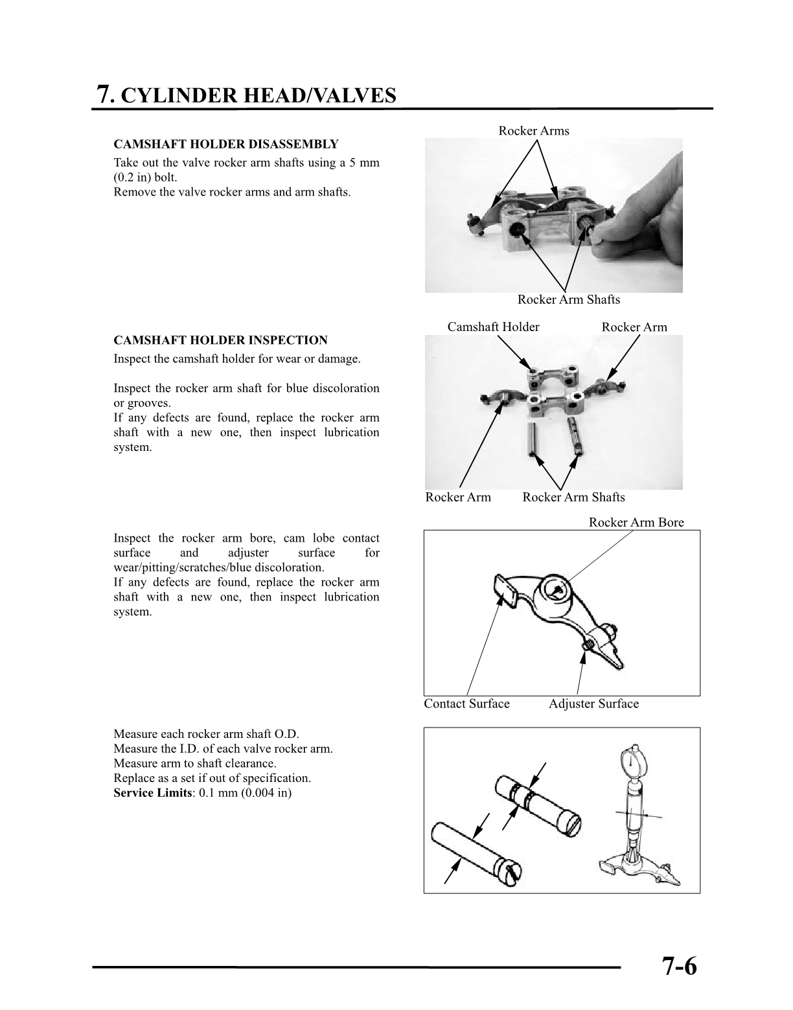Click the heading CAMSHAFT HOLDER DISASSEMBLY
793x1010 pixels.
pyautogui.click(x=225, y=144)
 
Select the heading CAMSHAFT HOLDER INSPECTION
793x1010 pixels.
pyautogui.click(x=220, y=340)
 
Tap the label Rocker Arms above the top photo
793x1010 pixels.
pyautogui.click(x=533, y=131)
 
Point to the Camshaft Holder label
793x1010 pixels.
pyautogui.click(x=493, y=327)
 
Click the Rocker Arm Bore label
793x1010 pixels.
pyautogui.click(x=636, y=522)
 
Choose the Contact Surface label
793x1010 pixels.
pyautogui.click(x=466, y=704)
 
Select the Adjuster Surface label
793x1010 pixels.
pyautogui.click(x=593, y=704)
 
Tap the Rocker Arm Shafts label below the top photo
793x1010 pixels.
pyautogui.click(x=568, y=299)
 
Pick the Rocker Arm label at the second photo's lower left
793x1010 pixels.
pyautogui.click(x=457, y=498)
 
